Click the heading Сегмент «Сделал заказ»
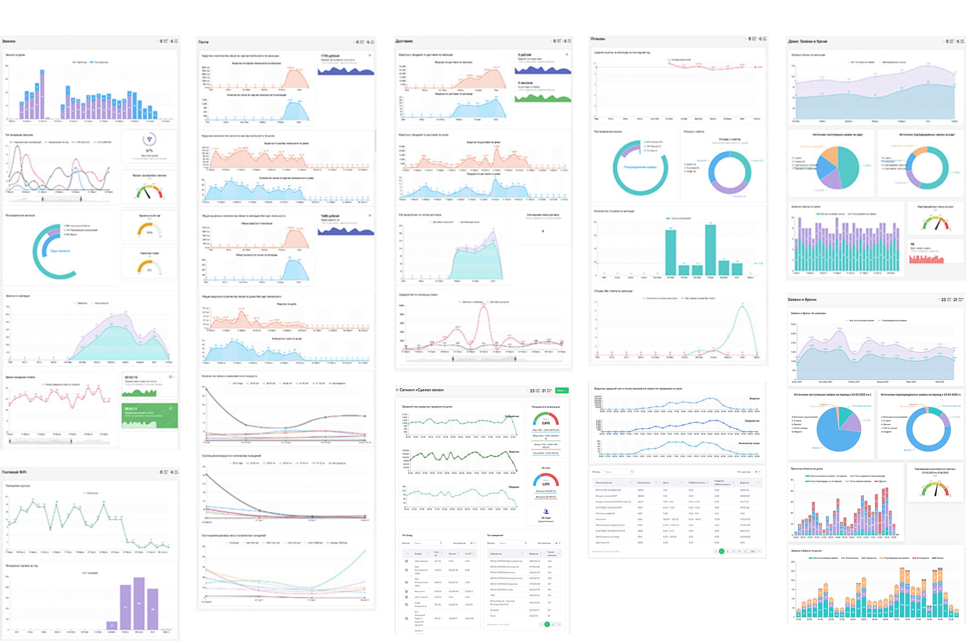(422, 390)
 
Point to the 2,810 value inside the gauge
(545, 423)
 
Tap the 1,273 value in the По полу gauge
(546, 484)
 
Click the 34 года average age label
(546, 518)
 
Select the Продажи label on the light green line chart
(514, 487)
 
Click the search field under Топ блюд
(427, 543)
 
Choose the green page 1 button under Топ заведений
(547, 624)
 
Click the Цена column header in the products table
(666, 482)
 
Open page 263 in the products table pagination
(752, 551)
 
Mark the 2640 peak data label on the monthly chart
(839, 329)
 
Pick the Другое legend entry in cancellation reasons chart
(882, 481)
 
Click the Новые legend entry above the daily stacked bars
(940, 558)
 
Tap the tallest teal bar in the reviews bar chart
(710, 250)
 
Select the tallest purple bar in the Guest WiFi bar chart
(139, 603)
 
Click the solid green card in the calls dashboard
(150, 415)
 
